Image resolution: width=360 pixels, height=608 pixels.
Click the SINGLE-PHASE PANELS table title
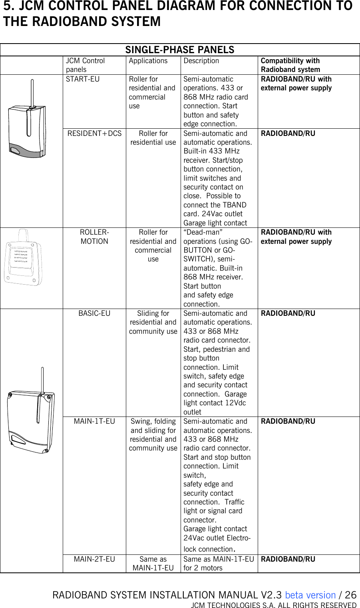[180, 50]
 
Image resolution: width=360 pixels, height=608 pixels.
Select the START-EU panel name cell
[83, 79]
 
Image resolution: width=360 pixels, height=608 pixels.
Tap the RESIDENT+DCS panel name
[94, 134]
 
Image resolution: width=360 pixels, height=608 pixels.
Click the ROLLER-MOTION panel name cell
[94, 237]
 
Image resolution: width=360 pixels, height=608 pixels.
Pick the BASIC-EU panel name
[94, 313]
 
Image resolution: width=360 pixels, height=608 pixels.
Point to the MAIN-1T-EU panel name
[94, 421]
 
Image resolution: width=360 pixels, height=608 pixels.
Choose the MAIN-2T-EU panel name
[94, 559]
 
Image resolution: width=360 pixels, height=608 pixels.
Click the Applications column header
[148, 61]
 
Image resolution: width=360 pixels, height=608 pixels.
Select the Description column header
[201, 61]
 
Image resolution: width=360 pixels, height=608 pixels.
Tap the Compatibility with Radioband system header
[290, 65]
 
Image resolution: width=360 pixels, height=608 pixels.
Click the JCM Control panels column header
[85, 65]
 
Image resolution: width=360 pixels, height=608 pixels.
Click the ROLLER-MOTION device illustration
[23, 258]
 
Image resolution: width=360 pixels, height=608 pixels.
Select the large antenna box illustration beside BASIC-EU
[31, 416]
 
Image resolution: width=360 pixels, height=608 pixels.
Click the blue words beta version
[310, 595]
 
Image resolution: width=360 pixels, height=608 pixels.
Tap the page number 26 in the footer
[350, 595]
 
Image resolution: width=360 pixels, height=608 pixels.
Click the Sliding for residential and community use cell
[153, 322]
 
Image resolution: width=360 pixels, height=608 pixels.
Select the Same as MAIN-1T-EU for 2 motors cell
[219, 564]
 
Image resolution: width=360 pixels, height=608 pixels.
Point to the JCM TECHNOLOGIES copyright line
[273, 605]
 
